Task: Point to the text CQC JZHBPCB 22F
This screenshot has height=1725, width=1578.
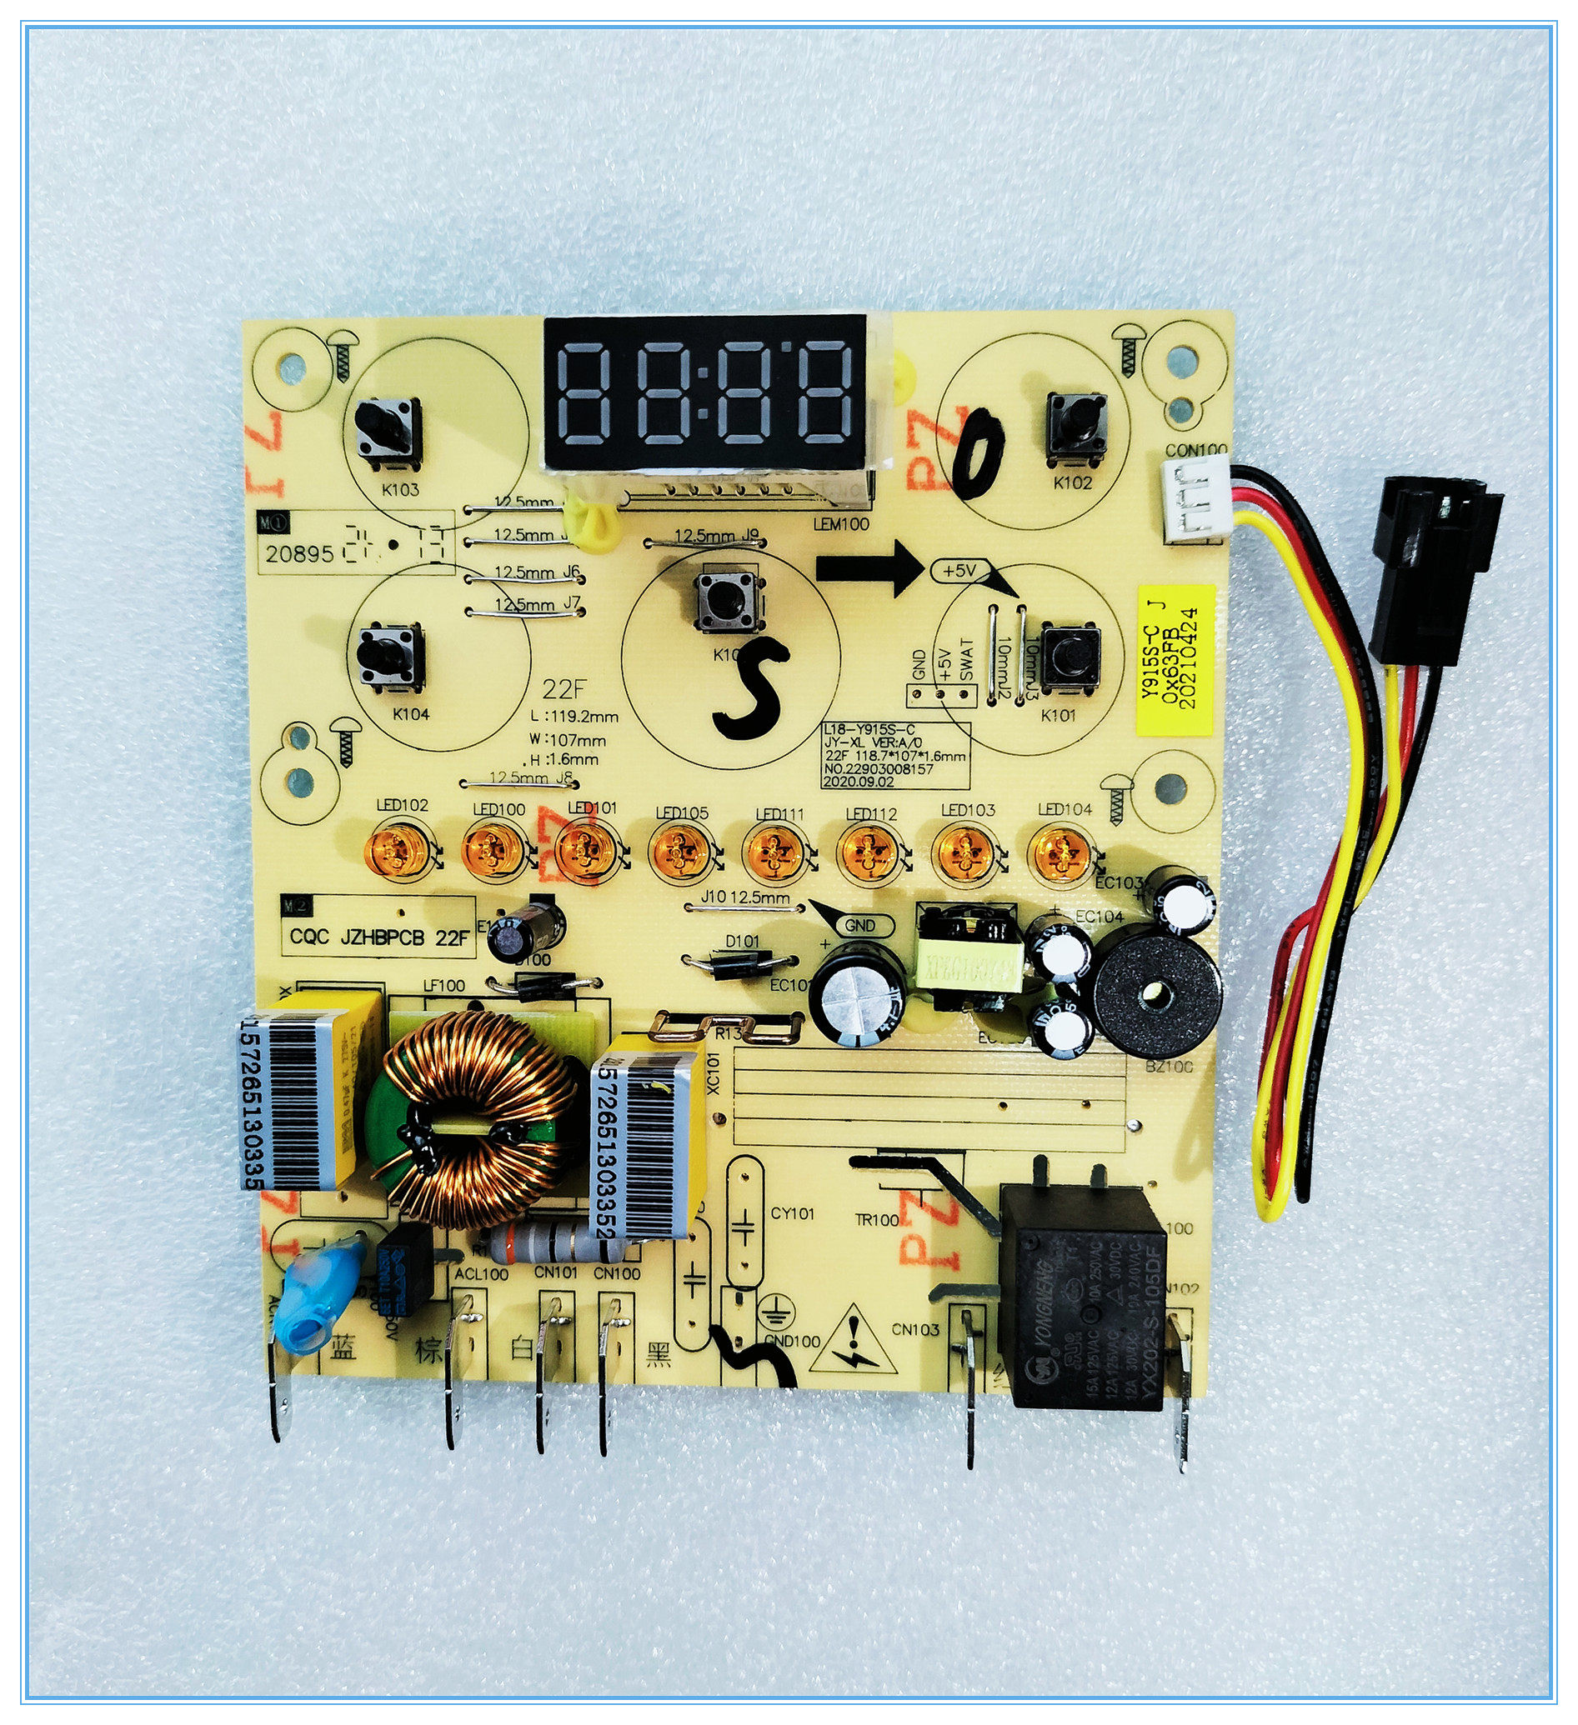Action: pyautogui.click(x=378, y=937)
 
